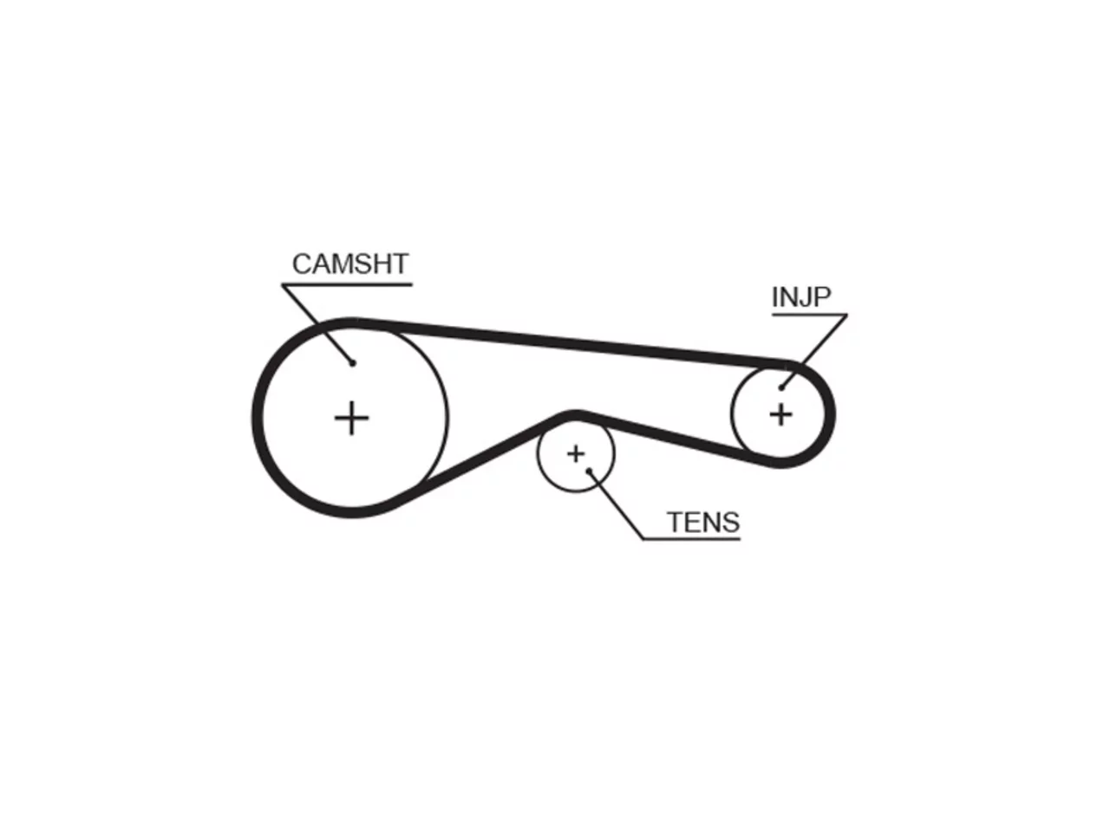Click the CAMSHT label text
350,263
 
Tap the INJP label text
801,296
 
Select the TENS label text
703,522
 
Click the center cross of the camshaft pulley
351,418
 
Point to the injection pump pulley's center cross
780,415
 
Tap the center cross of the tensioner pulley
576,453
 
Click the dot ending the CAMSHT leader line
353,363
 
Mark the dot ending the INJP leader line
781,388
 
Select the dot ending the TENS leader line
589,471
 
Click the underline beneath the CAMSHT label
347,285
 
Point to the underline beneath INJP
809,315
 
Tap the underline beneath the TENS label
691,539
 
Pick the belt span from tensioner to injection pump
673,439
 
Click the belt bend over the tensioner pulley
575,415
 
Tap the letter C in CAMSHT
303,263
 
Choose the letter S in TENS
730,522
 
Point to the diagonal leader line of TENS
616,505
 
